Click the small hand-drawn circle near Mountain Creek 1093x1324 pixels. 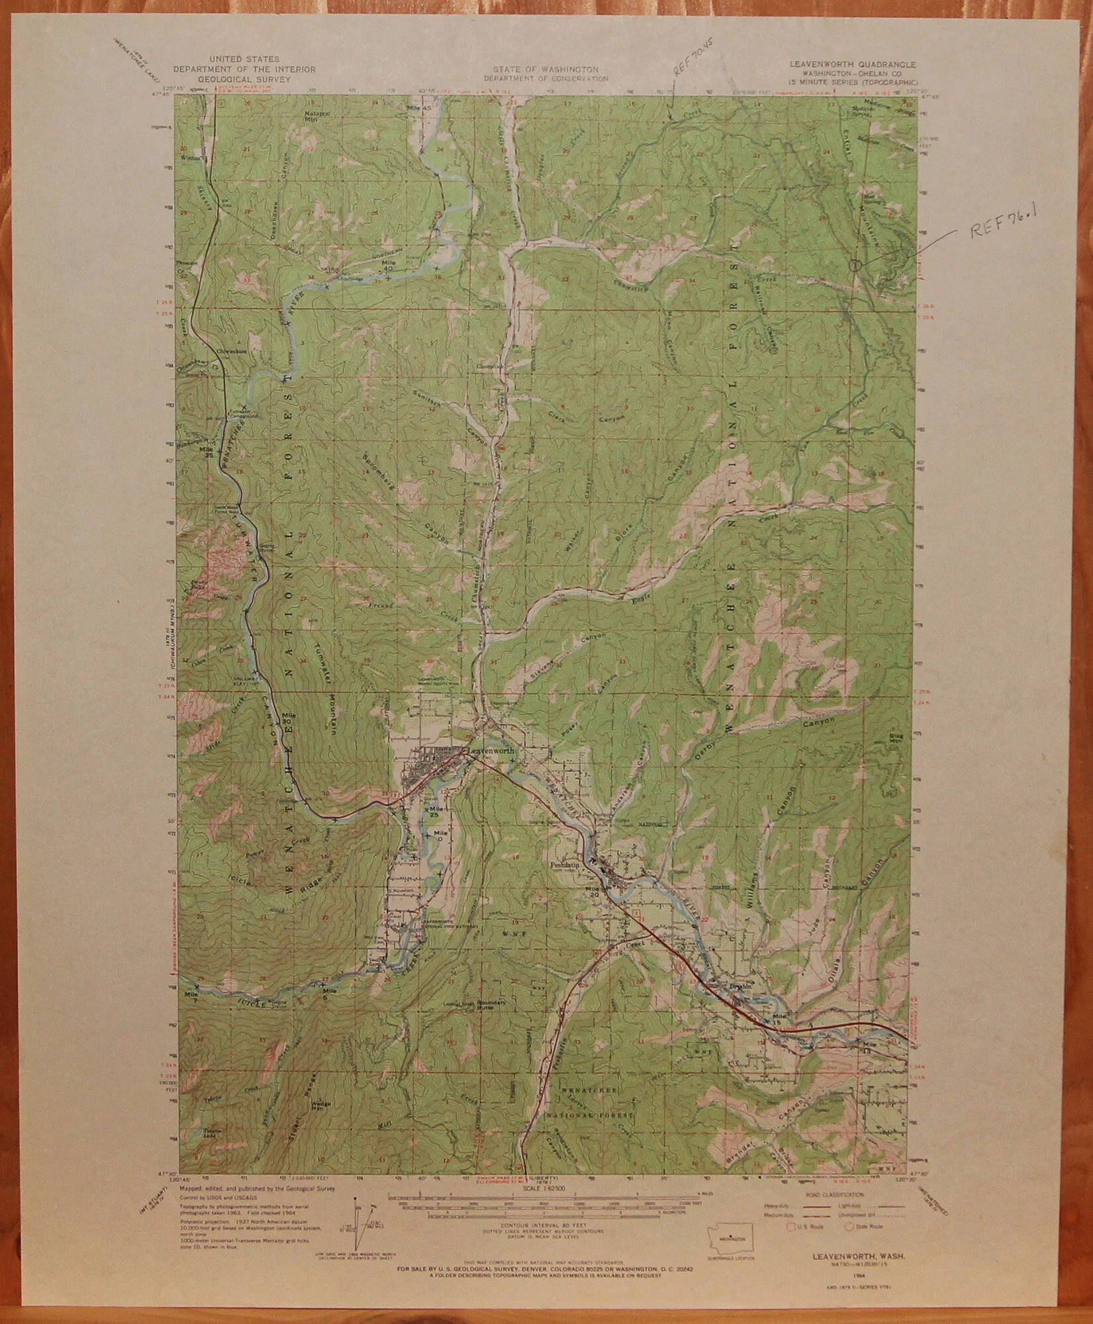(x=855, y=265)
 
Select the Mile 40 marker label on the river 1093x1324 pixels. (x=389, y=263)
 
